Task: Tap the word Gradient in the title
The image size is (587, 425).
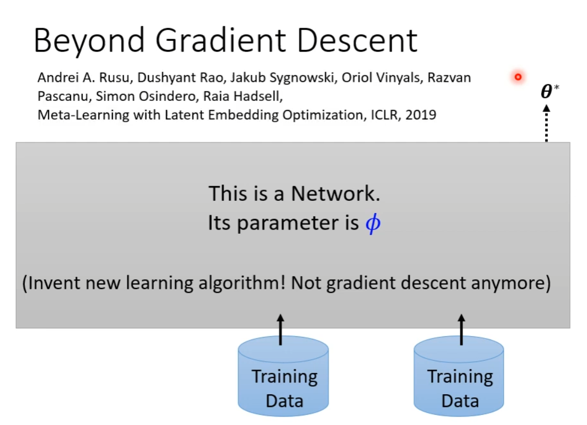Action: click(x=221, y=40)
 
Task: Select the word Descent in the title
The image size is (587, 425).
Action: click(x=358, y=40)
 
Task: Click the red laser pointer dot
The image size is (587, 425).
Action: click(x=518, y=77)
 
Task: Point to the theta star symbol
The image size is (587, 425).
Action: click(x=549, y=91)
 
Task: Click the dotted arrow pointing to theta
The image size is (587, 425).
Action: click(x=547, y=123)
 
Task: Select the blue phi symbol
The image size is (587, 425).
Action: click(x=373, y=224)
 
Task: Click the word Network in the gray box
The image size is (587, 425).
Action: click(x=335, y=194)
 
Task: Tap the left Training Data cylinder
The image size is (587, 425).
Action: click(x=283, y=376)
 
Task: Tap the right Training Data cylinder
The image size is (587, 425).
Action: click(x=459, y=376)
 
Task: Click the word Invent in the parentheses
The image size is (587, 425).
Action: click(x=53, y=283)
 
